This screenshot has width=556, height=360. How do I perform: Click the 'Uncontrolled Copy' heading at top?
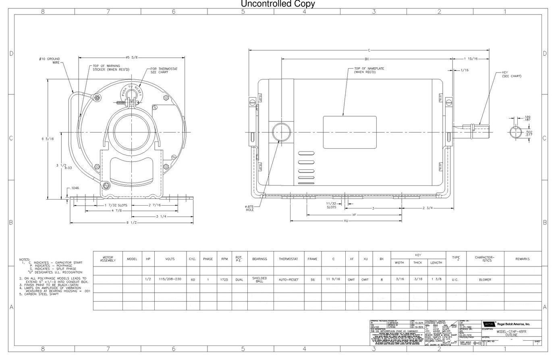278,4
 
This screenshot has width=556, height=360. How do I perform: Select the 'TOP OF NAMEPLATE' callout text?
369,70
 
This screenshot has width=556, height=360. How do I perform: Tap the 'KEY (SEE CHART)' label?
511,74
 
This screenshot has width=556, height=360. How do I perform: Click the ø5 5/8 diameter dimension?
131,57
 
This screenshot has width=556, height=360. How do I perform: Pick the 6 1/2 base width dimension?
131,223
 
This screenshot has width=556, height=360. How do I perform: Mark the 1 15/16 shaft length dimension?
471,59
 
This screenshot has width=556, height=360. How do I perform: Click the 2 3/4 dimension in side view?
427,208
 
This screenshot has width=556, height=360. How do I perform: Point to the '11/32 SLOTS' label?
331,205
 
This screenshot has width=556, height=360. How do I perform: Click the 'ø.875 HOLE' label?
249,208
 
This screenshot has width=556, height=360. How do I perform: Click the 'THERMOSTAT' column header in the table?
288,259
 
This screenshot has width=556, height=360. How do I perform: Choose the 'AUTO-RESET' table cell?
288,280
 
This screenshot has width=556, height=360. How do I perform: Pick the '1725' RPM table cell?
224,280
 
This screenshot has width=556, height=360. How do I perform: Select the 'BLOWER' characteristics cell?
485,280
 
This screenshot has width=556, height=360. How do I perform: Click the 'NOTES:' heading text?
25,259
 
